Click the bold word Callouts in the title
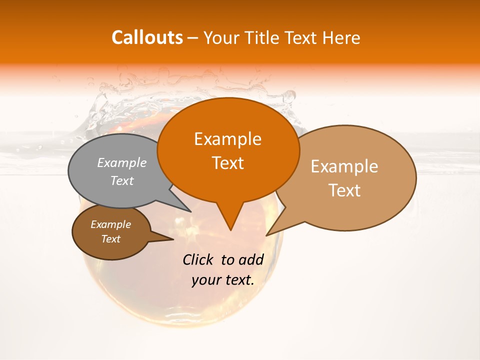147,37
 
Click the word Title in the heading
263,37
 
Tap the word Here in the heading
340,37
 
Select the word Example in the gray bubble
122,163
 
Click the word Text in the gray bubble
122,181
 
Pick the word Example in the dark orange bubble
227,139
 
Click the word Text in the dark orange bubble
227,163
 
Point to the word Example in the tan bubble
344,166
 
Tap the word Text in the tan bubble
344,190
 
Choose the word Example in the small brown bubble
110,224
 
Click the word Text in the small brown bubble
110,239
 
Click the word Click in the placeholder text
199,259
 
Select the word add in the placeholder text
251,259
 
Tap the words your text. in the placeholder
222,280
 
